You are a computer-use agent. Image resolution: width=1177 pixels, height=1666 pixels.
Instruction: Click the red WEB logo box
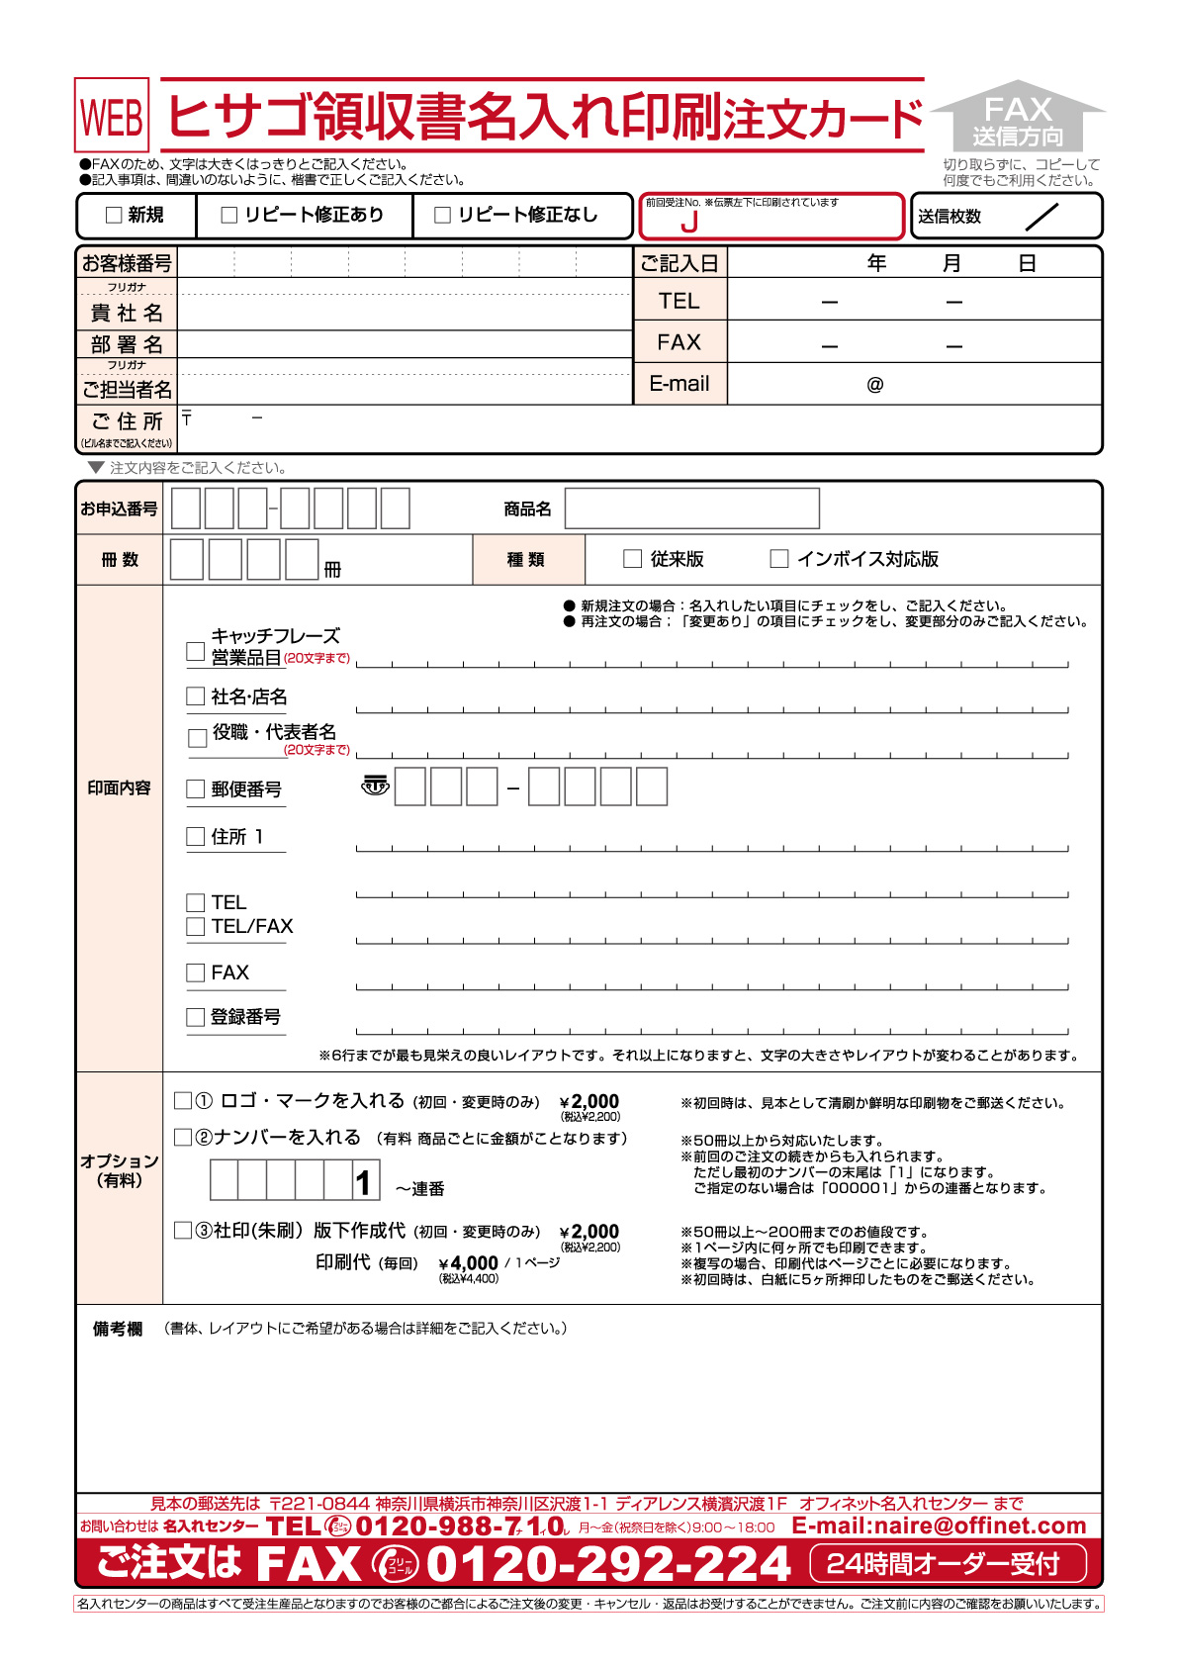tap(112, 116)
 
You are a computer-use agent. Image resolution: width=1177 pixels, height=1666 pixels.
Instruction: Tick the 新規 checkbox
tap(114, 215)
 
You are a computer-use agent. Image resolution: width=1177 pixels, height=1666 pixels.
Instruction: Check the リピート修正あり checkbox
tap(229, 215)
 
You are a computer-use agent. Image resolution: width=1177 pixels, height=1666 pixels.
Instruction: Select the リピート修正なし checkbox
tap(443, 215)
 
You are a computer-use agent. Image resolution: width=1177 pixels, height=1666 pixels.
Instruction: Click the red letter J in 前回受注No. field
tap(689, 223)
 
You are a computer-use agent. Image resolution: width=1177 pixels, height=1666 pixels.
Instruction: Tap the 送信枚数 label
tap(949, 217)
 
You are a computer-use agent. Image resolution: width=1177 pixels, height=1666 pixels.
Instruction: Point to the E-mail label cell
tap(679, 384)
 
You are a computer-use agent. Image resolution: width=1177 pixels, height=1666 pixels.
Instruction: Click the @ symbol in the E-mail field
tap(874, 385)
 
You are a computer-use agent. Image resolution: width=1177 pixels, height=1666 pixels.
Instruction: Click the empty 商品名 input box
tap(691, 509)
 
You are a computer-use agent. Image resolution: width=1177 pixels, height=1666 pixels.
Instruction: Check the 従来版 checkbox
tap(633, 559)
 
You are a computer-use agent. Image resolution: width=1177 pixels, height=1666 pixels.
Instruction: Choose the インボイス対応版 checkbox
tap(779, 559)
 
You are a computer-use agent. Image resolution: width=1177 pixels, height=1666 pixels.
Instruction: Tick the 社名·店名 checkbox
tap(196, 696)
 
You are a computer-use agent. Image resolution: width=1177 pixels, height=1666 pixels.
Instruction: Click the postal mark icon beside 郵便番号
tap(375, 787)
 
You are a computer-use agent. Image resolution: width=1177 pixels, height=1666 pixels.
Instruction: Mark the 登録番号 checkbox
tap(196, 1017)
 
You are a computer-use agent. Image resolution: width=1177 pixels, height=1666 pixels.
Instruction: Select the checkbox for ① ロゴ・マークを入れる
tap(183, 1101)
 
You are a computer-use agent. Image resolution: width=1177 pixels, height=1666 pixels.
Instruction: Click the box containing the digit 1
tap(365, 1181)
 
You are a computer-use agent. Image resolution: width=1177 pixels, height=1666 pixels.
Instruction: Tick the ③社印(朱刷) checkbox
tap(183, 1231)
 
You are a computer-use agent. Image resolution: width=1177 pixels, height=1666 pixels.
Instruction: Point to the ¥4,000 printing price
tap(468, 1263)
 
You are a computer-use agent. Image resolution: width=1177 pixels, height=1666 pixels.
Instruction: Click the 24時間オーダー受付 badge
tap(948, 1564)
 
